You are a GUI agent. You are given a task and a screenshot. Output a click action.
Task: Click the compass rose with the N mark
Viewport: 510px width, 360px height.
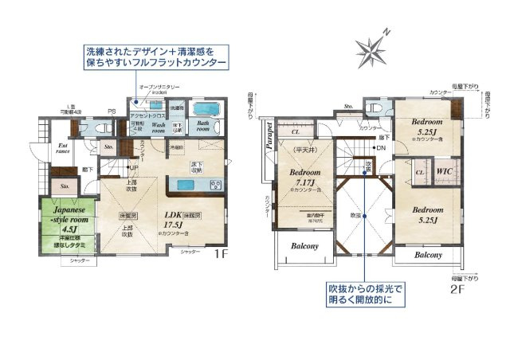(x=371, y=49)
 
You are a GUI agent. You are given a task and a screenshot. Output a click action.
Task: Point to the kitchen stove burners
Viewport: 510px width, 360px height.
(x=215, y=185)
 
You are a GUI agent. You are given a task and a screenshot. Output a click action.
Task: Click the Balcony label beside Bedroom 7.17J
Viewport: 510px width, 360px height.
(x=304, y=246)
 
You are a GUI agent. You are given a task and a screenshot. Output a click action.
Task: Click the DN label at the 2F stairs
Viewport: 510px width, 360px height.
(x=380, y=148)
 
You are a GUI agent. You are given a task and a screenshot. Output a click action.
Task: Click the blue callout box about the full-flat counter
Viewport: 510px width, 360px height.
(x=155, y=56)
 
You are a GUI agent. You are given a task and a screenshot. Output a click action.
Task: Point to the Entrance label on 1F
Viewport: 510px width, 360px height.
(x=63, y=149)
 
